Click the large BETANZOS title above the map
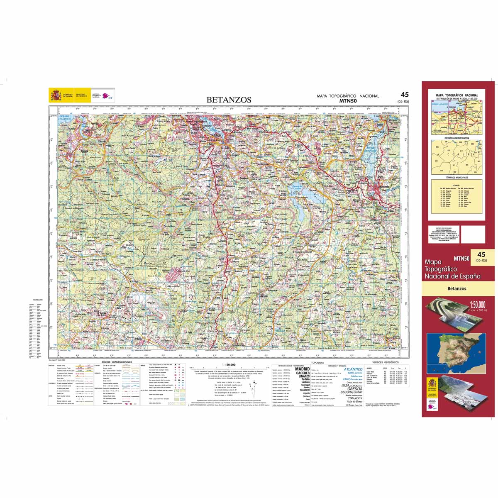[229, 100]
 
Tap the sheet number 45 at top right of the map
[405, 95]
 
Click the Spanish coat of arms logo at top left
[55, 95]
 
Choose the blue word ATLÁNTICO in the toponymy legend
[353, 369]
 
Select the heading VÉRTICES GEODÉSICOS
[386, 362]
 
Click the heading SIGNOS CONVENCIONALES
[117, 362]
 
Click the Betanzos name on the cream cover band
[457, 288]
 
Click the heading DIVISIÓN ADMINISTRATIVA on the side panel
[456, 138]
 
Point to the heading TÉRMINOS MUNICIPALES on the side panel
[456, 177]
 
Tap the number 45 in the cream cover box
[481, 254]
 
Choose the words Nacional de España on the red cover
[452, 276]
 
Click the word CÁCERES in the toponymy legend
[302, 373]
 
